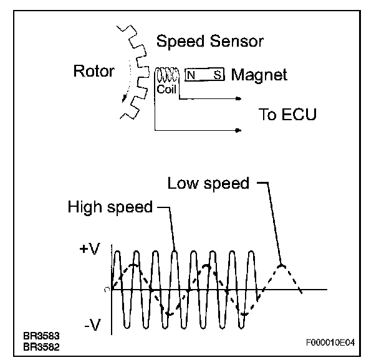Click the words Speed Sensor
click(x=209, y=42)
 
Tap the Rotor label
click(x=94, y=71)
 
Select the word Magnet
click(x=259, y=75)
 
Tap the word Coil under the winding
click(x=167, y=89)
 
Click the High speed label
click(x=110, y=207)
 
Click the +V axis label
click(x=89, y=251)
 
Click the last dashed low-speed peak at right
click(x=282, y=265)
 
